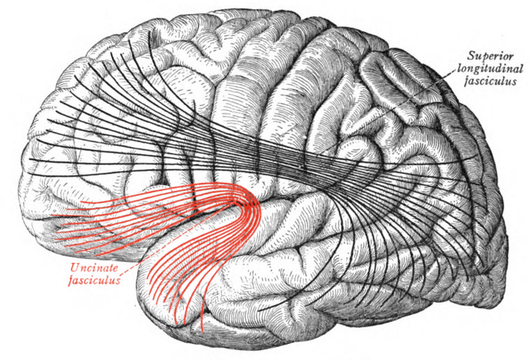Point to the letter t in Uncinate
[107, 267]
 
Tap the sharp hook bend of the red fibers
[252, 202]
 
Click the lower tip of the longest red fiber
[204, 331]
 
